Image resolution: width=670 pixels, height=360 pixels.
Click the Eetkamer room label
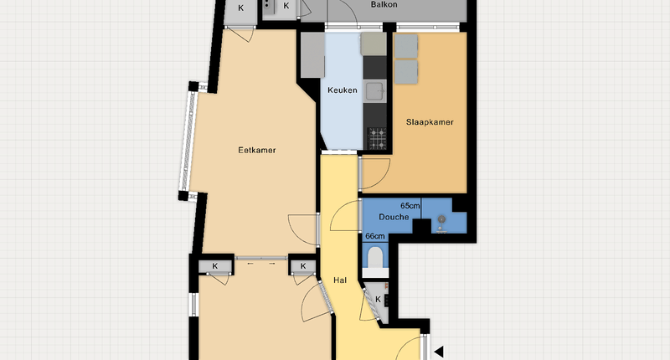pyautogui.click(x=257, y=151)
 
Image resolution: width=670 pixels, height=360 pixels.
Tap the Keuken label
pyautogui.click(x=343, y=90)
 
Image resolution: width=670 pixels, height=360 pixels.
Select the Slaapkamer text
pyautogui.click(x=430, y=122)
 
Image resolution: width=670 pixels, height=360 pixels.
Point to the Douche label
pyautogui.click(x=394, y=217)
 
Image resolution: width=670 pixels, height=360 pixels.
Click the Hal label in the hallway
pyautogui.click(x=340, y=280)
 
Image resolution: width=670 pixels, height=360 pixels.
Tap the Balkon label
pyautogui.click(x=384, y=5)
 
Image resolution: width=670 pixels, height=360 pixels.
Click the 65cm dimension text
pyautogui.click(x=410, y=206)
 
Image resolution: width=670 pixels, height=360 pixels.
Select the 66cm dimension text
pyautogui.click(x=374, y=236)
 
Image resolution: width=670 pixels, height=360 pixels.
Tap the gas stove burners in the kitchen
pyautogui.click(x=376, y=138)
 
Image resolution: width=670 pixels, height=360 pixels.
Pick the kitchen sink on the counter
pyautogui.click(x=374, y=91)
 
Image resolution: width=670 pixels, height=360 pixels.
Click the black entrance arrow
pyautogui.click(x=439, y=352)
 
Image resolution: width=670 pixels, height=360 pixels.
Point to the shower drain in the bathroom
pyautogui.click(x=441, y=219)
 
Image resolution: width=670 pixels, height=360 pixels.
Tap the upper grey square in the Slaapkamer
pyautogui.click(x=405, y=46)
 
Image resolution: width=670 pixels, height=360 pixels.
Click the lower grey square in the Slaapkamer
pyautogui.click(x=405, y=72)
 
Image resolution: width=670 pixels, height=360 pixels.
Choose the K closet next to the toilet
pyautogui.click(x=377, y=301)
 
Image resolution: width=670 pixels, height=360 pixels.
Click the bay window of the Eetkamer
pyautogui.click(x=188, y=141)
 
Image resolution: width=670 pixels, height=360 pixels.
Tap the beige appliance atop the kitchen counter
pyautogui.click(x=374, y=44)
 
